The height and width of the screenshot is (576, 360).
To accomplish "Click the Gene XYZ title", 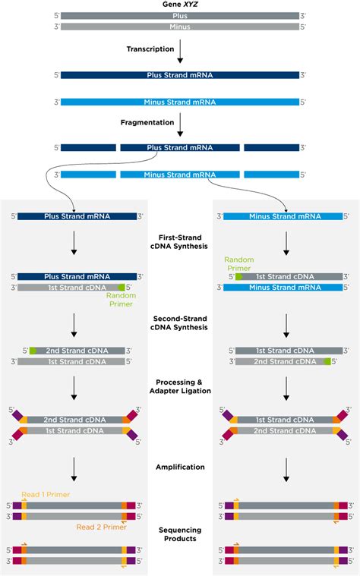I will pos(180,5).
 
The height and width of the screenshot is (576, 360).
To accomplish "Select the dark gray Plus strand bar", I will pos(180,15).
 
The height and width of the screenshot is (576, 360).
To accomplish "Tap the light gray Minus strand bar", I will pos(180,27).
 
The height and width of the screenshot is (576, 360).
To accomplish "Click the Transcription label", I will pos(146,49).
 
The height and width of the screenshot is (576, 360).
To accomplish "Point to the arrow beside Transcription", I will pos(180,52).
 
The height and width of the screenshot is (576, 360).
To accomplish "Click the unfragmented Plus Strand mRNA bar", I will pos(180,75).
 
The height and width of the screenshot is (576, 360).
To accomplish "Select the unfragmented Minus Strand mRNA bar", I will pos(180,102).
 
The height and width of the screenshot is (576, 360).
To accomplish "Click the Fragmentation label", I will pos(145,121).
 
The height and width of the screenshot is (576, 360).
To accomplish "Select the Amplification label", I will pos(180,467).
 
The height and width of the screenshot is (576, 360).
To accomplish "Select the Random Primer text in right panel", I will pos(238,263).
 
